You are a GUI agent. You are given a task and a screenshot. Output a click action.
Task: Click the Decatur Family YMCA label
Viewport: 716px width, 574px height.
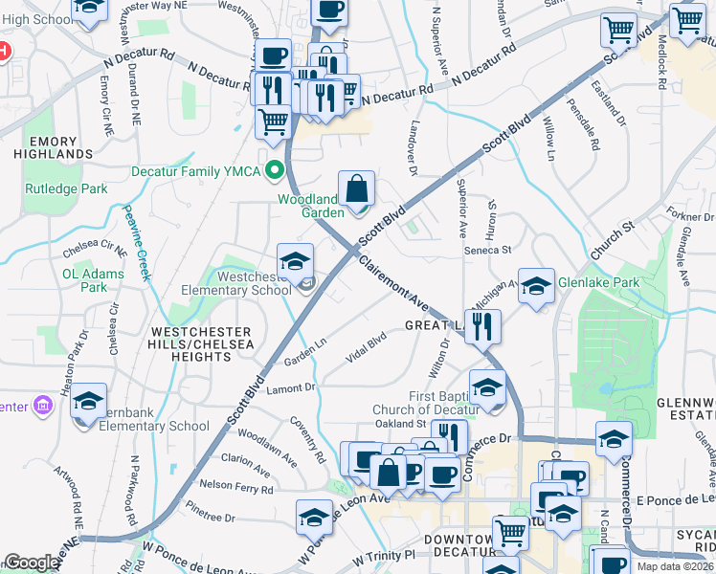194,172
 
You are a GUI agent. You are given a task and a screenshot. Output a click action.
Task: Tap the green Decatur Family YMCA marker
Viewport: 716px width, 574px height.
276,172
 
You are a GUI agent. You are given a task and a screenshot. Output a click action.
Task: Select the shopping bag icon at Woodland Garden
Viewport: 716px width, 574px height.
356,189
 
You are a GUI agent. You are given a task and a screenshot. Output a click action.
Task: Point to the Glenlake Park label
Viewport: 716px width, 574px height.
599,282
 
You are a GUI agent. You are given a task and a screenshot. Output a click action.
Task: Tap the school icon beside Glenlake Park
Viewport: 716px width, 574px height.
537,286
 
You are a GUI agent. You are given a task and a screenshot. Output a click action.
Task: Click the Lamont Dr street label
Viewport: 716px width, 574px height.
291,387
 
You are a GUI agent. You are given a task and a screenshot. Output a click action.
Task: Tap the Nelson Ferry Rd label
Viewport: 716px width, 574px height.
235,485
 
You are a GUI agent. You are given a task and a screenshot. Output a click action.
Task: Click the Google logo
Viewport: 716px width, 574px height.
32,563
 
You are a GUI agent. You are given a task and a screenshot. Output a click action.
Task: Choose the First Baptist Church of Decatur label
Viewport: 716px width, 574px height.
424,403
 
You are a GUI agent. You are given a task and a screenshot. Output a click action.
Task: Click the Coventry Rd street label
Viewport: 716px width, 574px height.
309,438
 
